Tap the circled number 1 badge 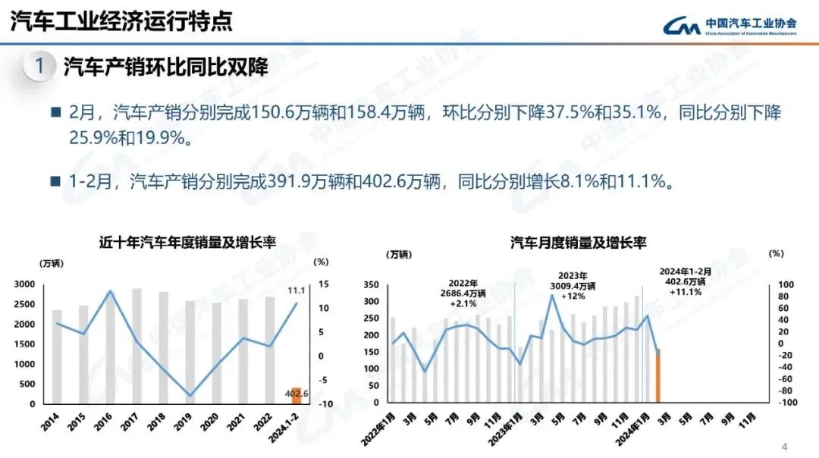(39, 67)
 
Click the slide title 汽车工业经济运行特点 (121, 21)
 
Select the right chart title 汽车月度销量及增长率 (578, 243)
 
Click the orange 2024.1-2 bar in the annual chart (297, 396)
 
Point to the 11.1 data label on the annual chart (297, 290)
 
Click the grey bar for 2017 (136, 346)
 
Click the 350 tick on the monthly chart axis (370, 284)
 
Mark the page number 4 (785, 445)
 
